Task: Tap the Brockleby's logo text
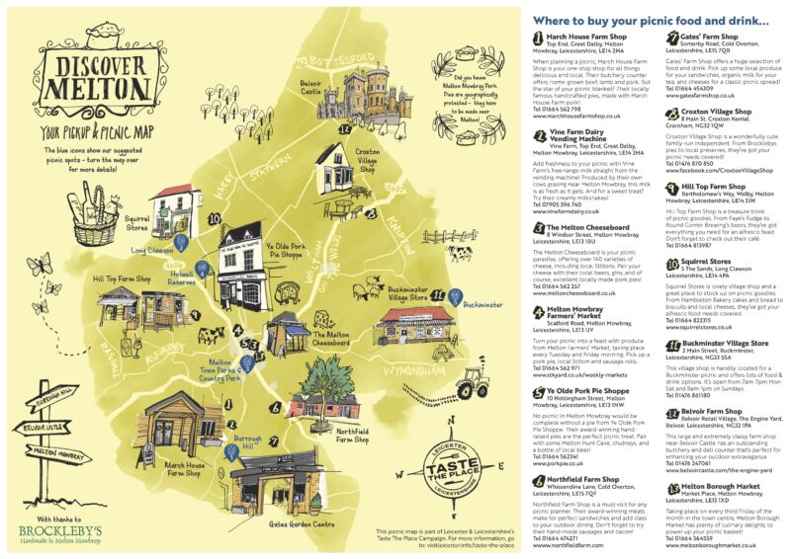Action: pyautogui.click(x=73, y=526)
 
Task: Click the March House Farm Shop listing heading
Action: pyautogui.click(x=591, y=36)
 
